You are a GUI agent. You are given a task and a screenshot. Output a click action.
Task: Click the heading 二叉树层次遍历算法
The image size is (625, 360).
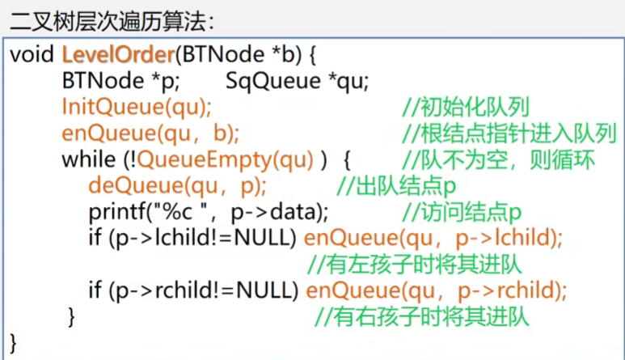pyautogui.click(x=113, y=17)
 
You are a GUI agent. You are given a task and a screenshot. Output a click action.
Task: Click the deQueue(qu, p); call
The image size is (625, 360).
pyautogui.click(x=178, y=186)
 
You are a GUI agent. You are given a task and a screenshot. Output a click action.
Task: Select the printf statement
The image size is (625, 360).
pyautogui.click(x=209, y=212)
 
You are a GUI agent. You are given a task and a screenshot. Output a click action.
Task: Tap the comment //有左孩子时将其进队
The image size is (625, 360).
pyautogui.click(x=415, y=264)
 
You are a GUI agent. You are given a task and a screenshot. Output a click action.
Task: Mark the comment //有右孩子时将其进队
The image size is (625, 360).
pyautogui.click(x=421, y=316)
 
